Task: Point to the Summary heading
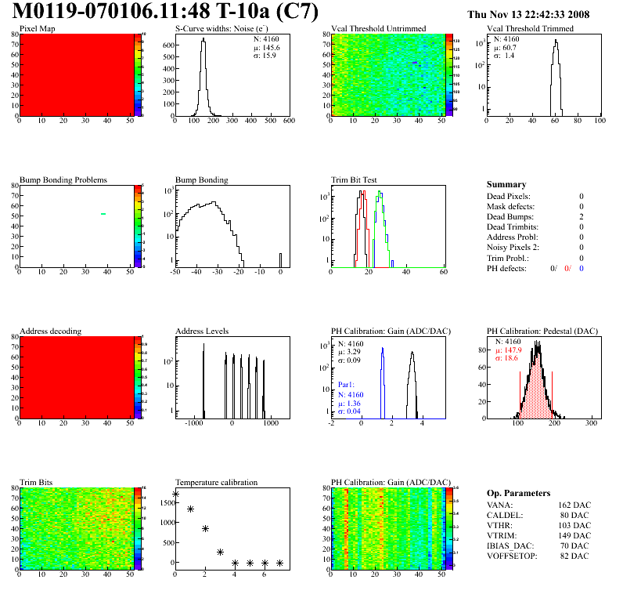click(506, 184)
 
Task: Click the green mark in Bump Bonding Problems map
click(103, 213)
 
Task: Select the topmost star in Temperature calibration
click(175, 495)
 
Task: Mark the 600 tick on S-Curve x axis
click(289, 121)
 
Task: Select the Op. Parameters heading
click(518, 493)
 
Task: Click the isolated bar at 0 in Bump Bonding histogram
click(281, 259)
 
